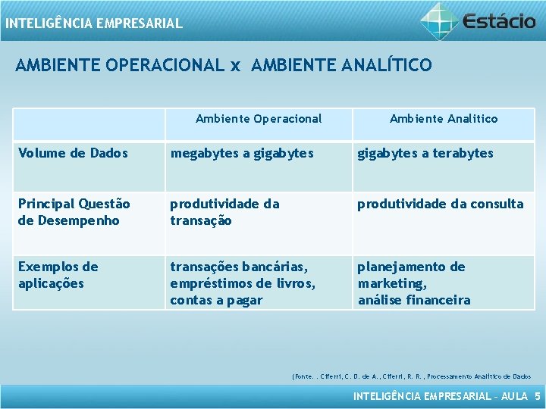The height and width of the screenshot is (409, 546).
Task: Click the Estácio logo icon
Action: tap(440, 19)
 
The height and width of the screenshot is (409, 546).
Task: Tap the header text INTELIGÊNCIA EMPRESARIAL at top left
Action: tap(93, 23)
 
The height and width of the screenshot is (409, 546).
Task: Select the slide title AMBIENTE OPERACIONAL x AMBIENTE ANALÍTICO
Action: tap(224, 65)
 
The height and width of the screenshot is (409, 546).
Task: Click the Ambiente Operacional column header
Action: tap(259, 118)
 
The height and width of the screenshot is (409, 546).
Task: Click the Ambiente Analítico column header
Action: tap(444, 118)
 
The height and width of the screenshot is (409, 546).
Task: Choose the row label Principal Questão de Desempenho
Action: tap(74, 212)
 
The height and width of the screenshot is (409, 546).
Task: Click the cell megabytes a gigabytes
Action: tap(242, 153)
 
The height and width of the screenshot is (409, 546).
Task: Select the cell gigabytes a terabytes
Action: tap(425, 153)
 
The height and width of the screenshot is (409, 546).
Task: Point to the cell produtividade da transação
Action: tap(224, 212)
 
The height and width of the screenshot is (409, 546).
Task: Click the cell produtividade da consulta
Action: tap(441, 204)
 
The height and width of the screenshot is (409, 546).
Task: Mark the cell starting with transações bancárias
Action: tap(243, 283)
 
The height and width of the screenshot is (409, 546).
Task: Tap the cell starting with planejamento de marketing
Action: tap(414, 283)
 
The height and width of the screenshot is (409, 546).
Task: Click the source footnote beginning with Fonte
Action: tap(411, 376)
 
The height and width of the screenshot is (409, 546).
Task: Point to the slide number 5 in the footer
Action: tap(538, 396)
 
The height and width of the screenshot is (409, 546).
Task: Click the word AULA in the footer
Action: tap(514, 396)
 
